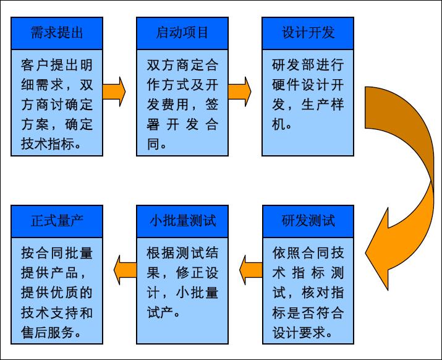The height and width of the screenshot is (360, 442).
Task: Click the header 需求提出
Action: click(x=57, y=33)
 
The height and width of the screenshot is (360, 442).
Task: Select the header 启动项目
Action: click(x=182, y=33)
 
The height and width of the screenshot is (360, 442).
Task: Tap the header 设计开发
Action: click(x=308, y=33)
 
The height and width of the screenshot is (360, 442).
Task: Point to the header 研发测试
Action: click(x=308, y=221)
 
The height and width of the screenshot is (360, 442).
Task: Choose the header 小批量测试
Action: click(x=182, y=221)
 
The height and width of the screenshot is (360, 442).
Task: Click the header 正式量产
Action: click(x=57, y=221)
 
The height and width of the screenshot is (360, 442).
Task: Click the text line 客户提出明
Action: click(x=57, y=65)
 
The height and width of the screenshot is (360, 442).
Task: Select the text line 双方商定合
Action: click(x=182, y=65)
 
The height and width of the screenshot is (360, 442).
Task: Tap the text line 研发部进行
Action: click(x=308, y=65)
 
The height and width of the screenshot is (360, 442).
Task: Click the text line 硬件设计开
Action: click(x=308, y=85)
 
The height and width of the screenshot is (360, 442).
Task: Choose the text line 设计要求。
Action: click(x=304, y=332)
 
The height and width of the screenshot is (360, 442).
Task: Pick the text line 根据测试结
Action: click(x=182, y=253)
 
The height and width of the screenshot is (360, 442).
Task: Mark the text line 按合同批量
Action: click(x=57, y=253)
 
